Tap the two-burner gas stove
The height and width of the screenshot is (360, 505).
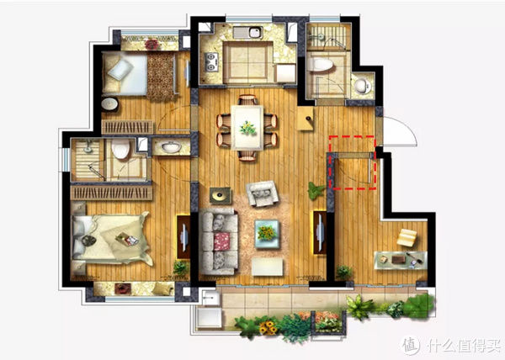tap(211, 61)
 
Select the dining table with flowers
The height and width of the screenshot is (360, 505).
tap(247, 128)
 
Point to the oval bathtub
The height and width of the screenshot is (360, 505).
tap(320, 65)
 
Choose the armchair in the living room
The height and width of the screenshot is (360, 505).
tap(262, 193)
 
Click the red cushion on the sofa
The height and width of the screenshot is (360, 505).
tap(221, 241)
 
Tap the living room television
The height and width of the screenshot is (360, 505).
tap(320, 232)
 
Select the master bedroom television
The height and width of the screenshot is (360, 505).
tap(183, 237)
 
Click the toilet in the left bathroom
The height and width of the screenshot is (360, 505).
tap(120, 149)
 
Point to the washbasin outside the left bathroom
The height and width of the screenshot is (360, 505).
tap(171, 147)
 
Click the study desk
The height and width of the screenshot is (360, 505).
tap(401, 260)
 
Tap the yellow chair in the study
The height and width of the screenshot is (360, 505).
tap(407, 237)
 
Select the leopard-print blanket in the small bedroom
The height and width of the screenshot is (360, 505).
tap(161, 77)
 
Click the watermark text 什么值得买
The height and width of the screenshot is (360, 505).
tap(464, 346)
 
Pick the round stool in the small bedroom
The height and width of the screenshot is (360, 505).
tap(109, 104)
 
